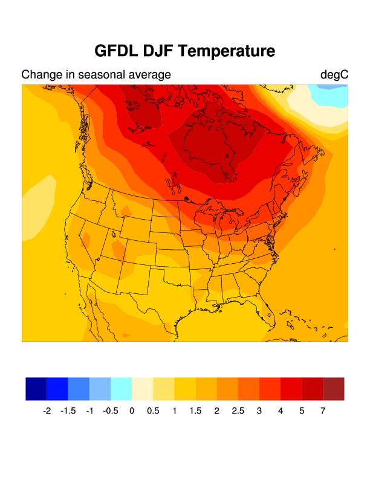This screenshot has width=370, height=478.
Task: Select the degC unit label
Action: click(334, 75)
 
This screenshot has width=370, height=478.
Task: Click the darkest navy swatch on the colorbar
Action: click(36, 389)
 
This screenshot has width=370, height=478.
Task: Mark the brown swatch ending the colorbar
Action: click(334, 389)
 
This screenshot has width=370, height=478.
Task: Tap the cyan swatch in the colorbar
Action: click(121, 389)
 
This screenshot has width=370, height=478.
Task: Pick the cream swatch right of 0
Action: click(142, 389)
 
